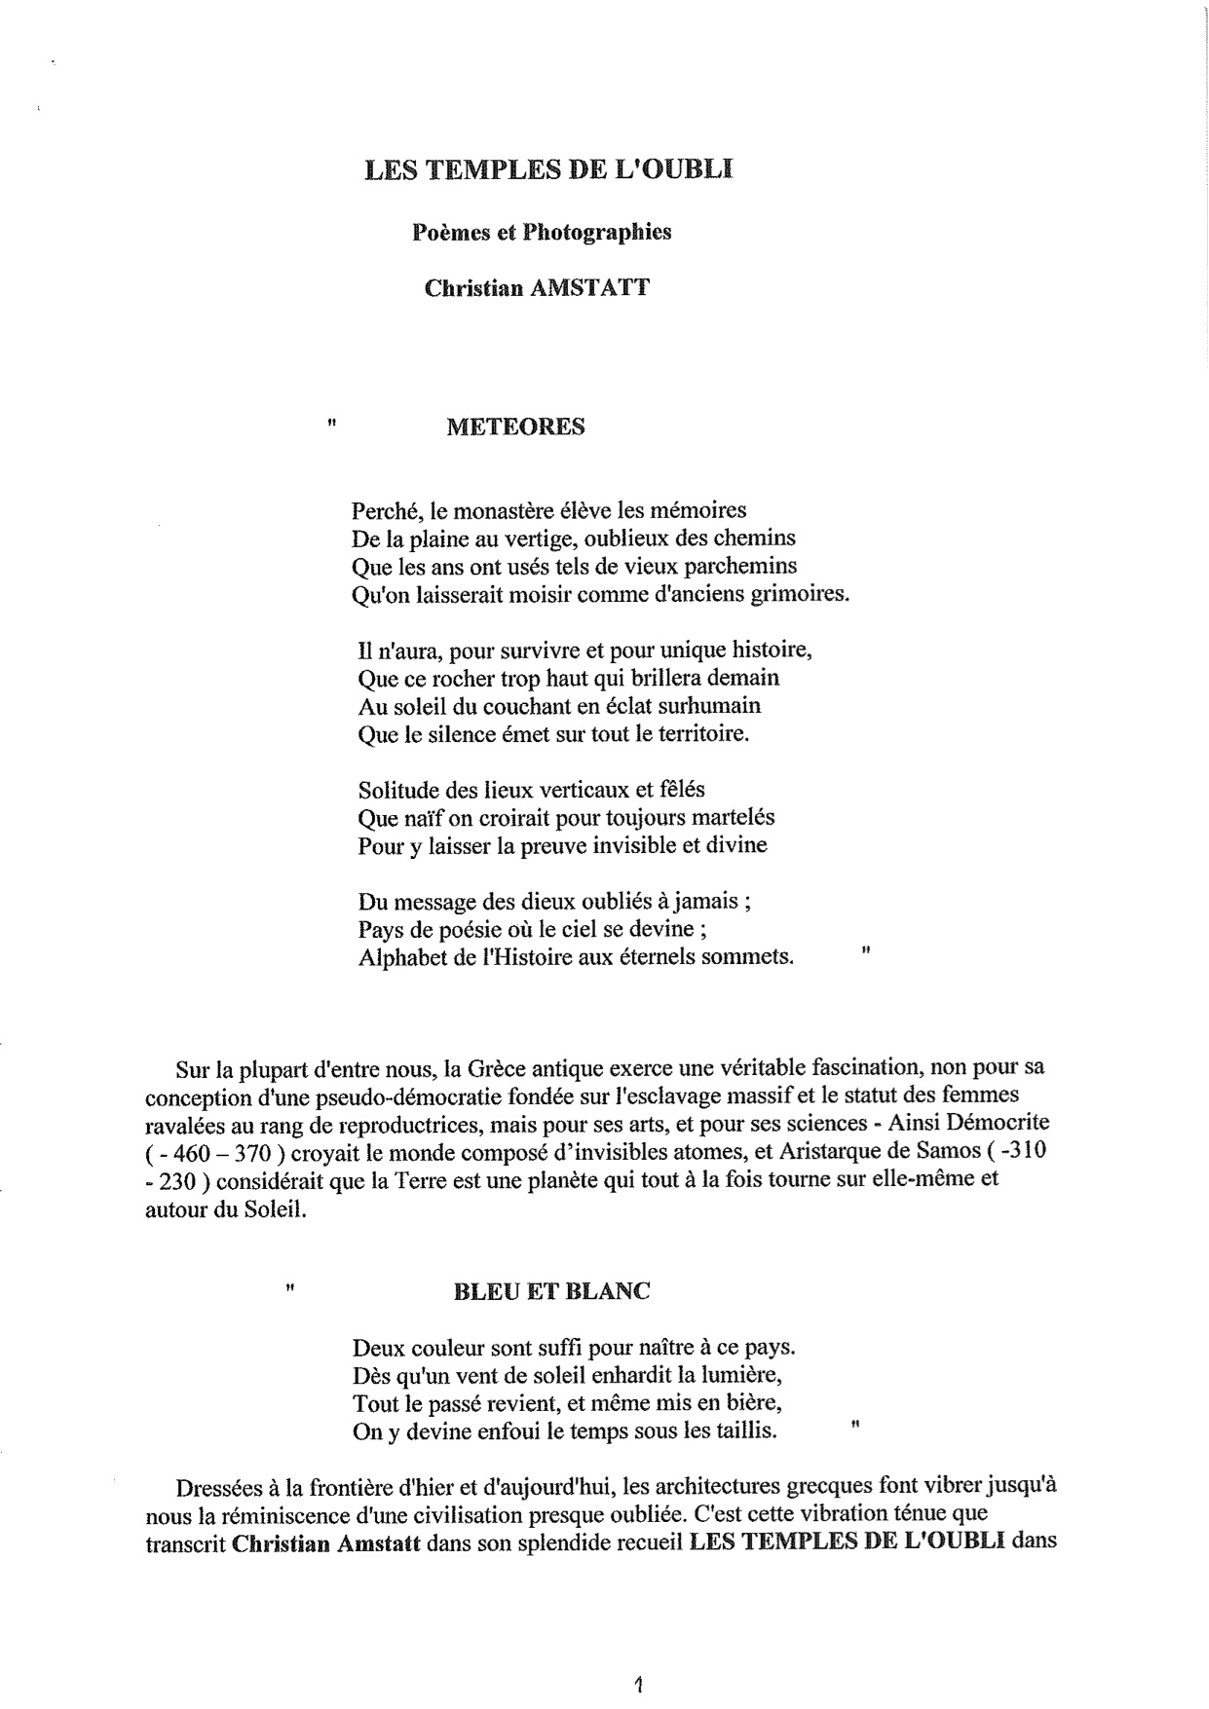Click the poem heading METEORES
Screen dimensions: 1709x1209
tap(515, 427)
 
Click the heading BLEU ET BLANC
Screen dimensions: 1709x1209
tap(551, 1291)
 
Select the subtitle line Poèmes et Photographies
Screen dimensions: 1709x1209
tap(542, 233)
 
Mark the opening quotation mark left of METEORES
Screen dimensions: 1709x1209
tap(333, 424)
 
